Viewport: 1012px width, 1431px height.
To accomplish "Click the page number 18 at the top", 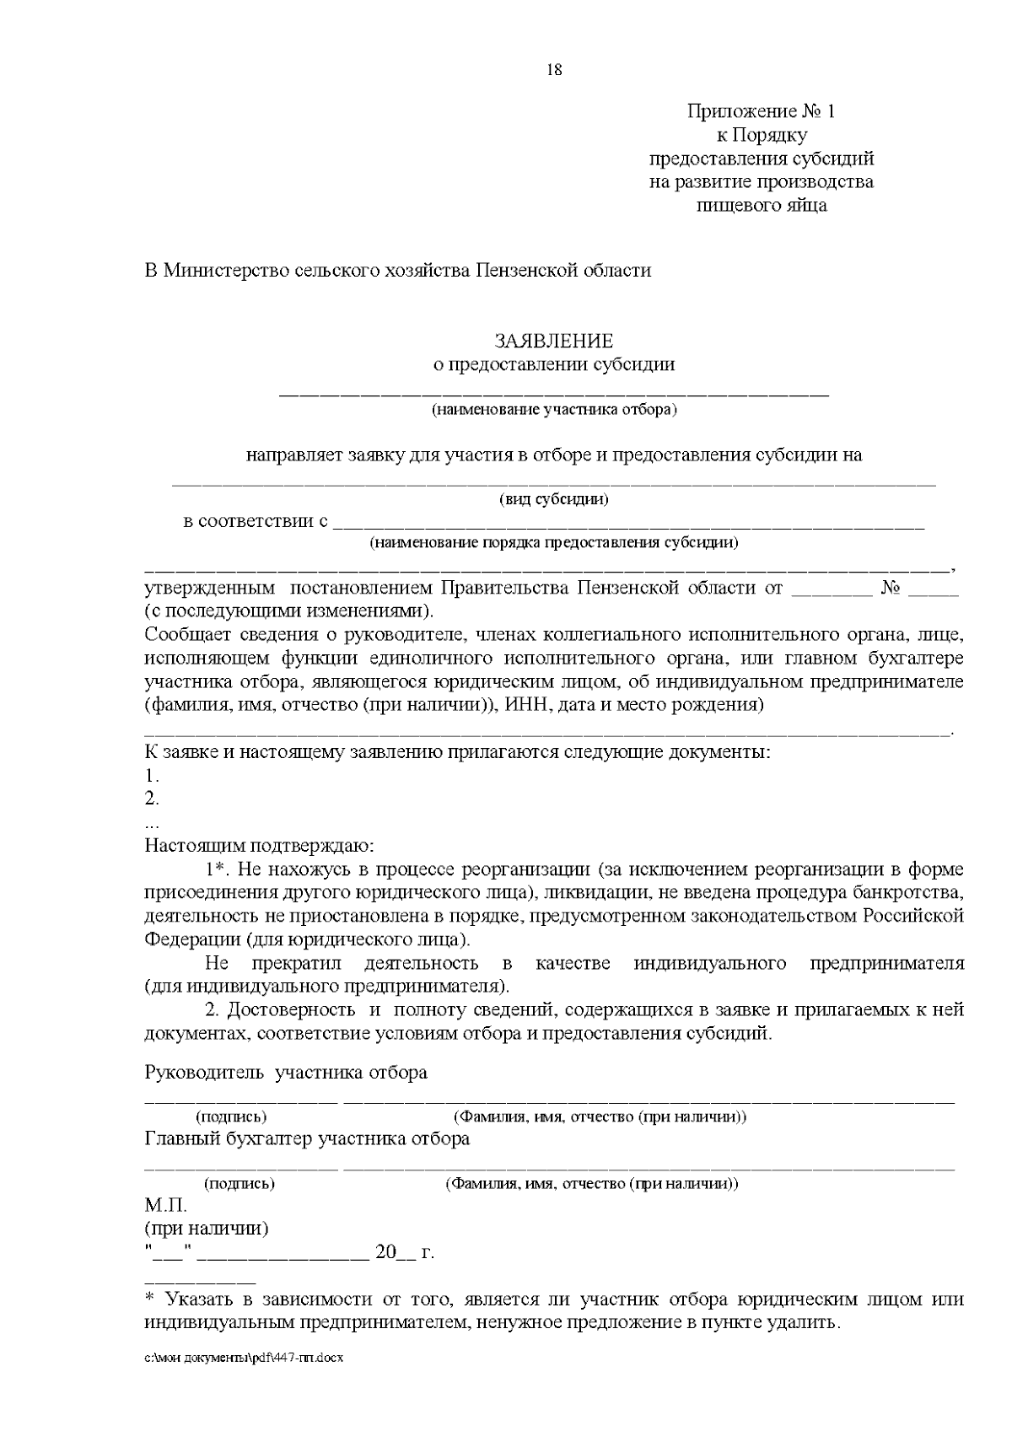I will coord(554,70).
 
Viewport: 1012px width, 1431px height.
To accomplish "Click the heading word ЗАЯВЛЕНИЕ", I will coord(553,342).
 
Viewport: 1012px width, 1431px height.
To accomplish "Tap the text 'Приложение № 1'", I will coord(761,111).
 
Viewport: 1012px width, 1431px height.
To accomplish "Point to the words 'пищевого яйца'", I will coord(762,205).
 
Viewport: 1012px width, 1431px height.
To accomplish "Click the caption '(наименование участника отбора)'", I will coord(554,411).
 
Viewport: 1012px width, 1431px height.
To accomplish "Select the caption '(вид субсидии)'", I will coord(554,499).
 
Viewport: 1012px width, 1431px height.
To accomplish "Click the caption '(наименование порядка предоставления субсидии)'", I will coord(554,542).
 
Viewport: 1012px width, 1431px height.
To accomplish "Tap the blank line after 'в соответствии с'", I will coord(628,525).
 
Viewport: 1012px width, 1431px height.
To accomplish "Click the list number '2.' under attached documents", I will coord(152,798).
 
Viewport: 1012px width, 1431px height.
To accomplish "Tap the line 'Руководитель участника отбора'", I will coord(286,1073).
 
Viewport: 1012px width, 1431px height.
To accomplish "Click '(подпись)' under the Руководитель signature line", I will coord(231,1117).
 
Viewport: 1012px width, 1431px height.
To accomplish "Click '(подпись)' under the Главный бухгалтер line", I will coord(240,1184).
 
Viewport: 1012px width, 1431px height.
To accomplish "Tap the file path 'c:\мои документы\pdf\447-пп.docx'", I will coord(245,1358).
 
